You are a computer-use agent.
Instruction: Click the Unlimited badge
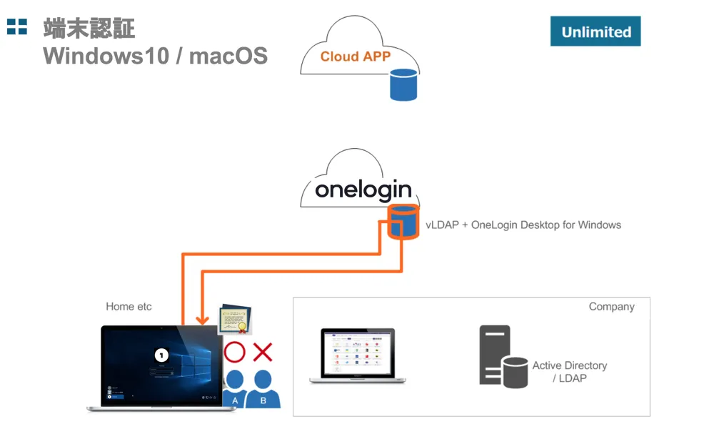(x=595, y=31)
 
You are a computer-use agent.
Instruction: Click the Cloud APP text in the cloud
(x=355, y=57)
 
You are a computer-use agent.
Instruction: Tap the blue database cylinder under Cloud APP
(x=403, y=84)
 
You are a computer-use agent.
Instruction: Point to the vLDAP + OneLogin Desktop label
(x=523, y=225)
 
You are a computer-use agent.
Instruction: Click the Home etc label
(x=129, y=306)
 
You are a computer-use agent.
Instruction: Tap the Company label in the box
(x=611, y=306)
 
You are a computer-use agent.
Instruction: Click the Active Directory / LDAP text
(x=569, y=371)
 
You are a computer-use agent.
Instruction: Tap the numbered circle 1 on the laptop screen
(x=161, y=354)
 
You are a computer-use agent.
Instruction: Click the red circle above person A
(x=235, y=352)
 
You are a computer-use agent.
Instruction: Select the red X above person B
(x=263, y=351)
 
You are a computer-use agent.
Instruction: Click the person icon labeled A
(x=235, y=388)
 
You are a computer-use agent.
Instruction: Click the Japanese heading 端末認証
(x=89, y=29)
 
